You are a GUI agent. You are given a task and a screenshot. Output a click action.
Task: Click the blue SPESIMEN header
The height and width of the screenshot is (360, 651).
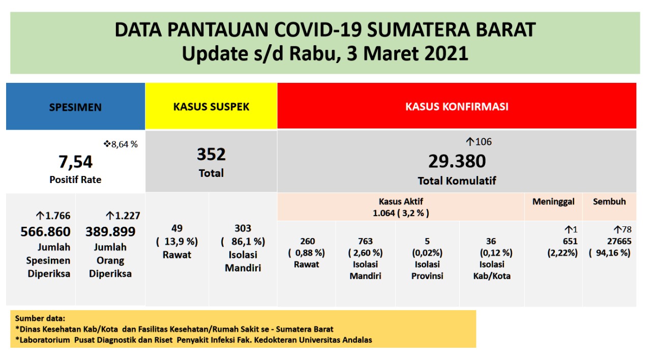(75, 107)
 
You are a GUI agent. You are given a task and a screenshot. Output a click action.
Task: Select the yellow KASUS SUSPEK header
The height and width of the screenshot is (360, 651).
(211, 107)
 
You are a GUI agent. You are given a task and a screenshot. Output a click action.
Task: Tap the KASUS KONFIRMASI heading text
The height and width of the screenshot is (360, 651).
(457, 107)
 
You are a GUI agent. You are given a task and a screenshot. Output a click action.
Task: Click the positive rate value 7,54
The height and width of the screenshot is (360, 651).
(75, 162)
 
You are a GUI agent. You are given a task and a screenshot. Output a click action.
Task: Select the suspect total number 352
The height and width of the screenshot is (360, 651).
(211, 154)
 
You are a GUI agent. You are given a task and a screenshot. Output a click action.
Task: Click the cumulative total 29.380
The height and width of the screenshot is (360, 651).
(457, 161)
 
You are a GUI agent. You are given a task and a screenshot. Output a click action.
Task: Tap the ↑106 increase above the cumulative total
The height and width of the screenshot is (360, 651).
(479, 142)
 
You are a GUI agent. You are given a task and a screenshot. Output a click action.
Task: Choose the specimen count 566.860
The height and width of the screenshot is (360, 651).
(46, 232)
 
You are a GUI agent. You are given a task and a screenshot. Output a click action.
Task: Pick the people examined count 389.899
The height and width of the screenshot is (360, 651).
(110, 232)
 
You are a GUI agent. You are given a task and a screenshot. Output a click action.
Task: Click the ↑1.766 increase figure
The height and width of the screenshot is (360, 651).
(53, 216)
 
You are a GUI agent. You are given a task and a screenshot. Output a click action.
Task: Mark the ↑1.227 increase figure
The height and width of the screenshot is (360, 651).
(123, 216)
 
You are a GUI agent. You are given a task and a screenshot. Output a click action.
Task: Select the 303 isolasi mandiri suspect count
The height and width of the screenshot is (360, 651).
(243, 228)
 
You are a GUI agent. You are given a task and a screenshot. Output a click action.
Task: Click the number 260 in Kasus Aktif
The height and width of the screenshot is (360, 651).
(307, 241)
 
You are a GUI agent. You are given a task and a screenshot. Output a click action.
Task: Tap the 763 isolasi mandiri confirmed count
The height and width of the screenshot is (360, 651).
(365, 241)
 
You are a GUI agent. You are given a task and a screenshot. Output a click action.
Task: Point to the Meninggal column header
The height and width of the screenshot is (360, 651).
(553, 201)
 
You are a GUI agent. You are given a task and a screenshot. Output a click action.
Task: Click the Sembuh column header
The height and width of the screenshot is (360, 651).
(609, 201)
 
